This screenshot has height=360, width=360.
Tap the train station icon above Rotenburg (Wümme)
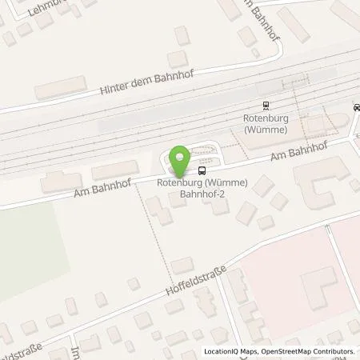tap(266, 105)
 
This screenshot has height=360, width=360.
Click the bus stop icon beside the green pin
tap(202, 170)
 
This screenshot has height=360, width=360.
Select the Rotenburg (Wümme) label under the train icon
tap(266, 124)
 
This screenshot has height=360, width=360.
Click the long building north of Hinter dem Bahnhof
tap(60, 86)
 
